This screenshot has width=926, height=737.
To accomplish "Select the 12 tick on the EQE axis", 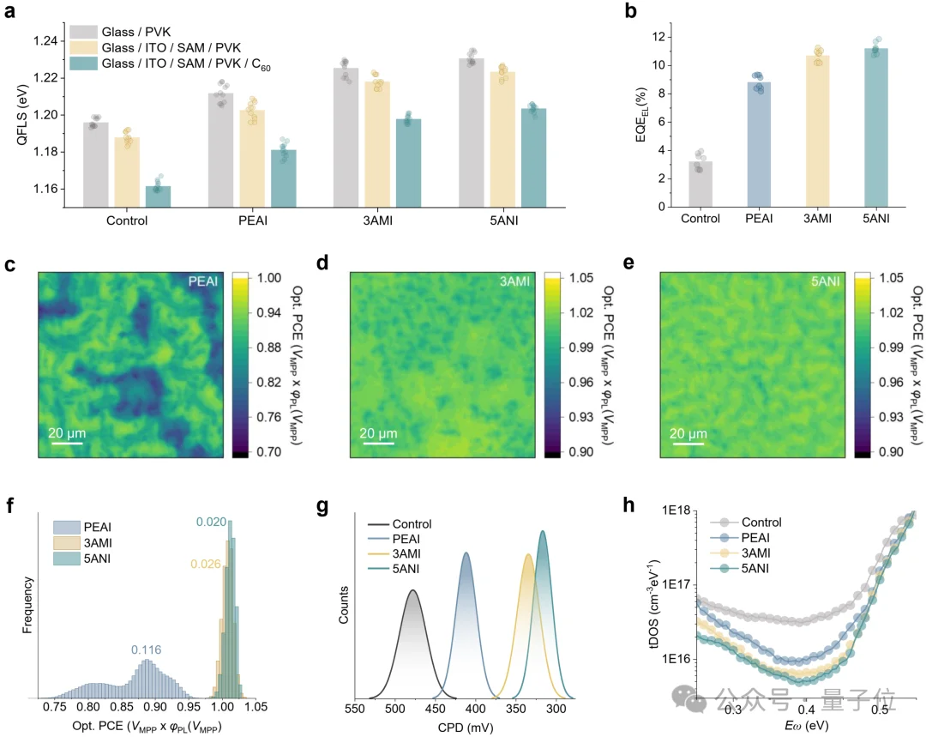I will [x=659, y=37].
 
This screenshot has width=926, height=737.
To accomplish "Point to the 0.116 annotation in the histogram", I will [x=147, y=649].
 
